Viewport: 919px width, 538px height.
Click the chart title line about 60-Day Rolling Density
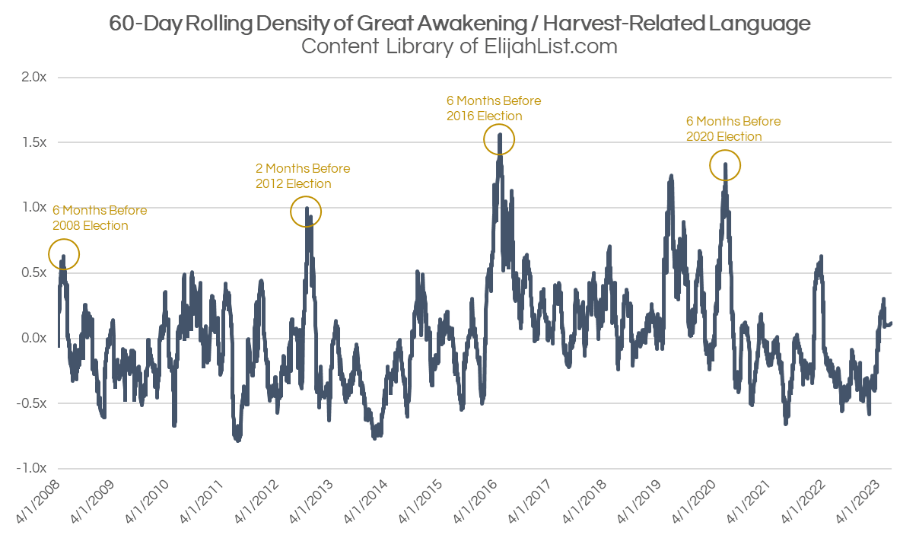[x=459, y=24]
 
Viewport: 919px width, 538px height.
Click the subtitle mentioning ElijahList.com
[x=459, y=46]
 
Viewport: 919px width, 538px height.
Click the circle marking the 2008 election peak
[x=64, y=255]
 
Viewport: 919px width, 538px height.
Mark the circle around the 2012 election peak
[x=307, y=212]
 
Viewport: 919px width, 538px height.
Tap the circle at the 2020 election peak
[x=725, y=165]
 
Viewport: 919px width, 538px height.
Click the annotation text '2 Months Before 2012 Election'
[x=302, y=176]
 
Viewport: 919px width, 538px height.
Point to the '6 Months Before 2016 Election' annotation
[x=493, y=108]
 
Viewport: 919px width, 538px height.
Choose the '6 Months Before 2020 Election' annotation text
[x=733, y=129]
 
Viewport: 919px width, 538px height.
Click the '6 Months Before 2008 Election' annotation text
[x=99, y=218]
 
